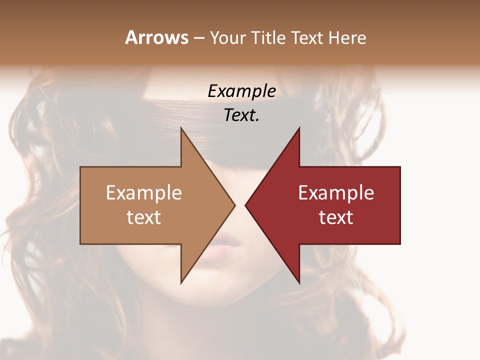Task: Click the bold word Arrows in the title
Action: (x=156, y=37)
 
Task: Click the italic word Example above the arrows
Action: (x=241, y=91)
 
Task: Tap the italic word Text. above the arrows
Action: (x=241, y=115)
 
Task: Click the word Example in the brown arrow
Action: (x=144, y=193)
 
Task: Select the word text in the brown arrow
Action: (x=144, y=217)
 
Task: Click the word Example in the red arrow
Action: (x=336, y=193)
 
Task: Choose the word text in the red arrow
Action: (x=336, y=217)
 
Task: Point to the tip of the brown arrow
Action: (x=234, y=205)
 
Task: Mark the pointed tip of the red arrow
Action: (x=245, y=205)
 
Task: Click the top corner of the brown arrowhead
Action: (x=181, y=128)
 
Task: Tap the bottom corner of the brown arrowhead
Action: (x=181, y=283)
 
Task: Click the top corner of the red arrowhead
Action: (x=299, y=128)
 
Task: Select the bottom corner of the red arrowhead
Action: (x=299, y=283)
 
